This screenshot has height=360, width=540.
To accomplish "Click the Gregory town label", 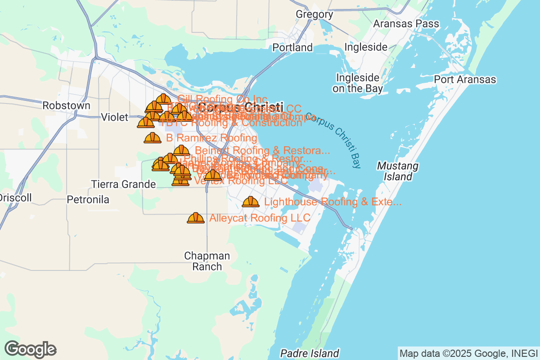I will pos(314,14).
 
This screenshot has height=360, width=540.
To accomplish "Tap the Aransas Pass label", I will pos(406,23).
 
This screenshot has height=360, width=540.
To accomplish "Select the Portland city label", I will pos(292,47).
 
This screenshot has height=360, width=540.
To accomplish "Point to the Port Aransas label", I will pos(465,80).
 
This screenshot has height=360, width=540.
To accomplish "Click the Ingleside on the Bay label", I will pos(358,83).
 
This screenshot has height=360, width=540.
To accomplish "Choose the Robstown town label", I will pos(66,105).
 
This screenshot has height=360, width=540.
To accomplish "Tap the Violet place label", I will pos(114,117).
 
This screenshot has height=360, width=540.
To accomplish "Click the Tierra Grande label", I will pos(123,184).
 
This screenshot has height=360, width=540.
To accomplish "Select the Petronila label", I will pos(88,199).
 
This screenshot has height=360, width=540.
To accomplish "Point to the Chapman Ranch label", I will pos(207,261).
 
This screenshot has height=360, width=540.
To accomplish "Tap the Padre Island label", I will pos(310,353).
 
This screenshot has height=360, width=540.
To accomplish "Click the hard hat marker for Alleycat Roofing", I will pos(196,218).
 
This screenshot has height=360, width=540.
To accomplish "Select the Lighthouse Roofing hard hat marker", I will pos(251,202).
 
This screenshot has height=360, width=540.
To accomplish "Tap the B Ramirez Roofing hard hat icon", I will pos(153,138).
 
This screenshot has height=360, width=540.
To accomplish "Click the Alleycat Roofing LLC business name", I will pos(260,218).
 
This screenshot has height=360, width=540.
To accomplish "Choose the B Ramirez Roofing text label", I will pos(211,138).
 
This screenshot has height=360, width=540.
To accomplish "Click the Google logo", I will pos(31,349).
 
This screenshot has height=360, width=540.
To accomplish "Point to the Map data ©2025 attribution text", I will pos(468,353).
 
